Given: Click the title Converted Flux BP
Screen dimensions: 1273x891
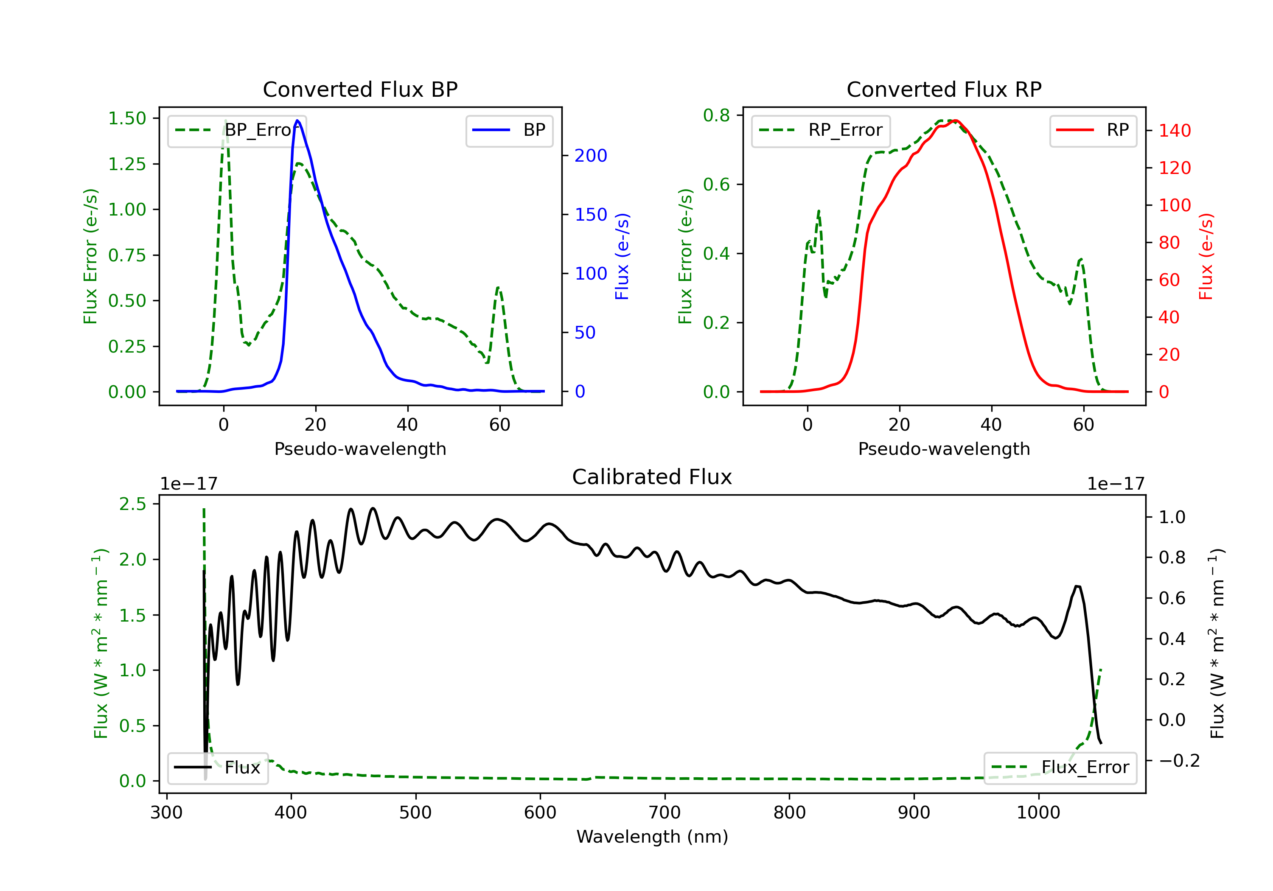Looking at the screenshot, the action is [360, 89].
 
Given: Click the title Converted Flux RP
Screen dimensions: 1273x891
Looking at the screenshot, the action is [944, 89].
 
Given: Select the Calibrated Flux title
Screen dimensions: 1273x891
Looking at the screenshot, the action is [652, 477].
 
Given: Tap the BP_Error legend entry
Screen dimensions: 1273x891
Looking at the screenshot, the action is [237, 130].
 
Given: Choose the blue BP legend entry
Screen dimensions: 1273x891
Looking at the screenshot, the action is [509, 130].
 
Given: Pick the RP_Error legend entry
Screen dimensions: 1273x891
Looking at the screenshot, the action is [821, 130].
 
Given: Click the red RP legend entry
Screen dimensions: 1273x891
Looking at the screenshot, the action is [1093, 130].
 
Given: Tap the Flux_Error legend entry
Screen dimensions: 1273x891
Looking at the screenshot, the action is [1060, 768].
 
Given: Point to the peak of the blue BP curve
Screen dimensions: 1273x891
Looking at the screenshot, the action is [298, 120].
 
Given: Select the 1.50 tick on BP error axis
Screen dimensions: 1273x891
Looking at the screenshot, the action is [127, 119].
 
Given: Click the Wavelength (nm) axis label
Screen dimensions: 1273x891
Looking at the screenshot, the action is [652, 837].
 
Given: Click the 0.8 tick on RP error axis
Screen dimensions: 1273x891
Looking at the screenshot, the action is [716, 115].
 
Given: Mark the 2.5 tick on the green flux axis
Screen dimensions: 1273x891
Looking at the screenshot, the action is [132, 504].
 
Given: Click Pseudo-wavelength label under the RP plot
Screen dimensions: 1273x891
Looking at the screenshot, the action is [944, 449].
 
